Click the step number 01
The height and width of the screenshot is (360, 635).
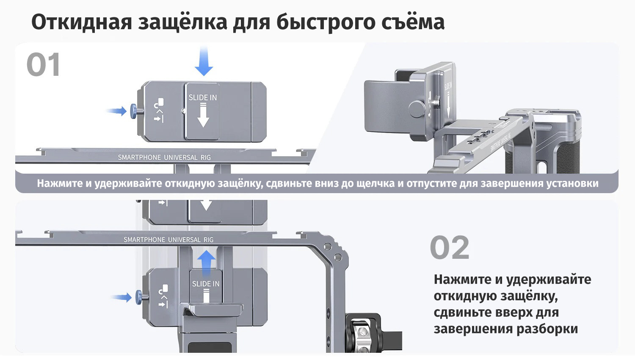tap(43, 65)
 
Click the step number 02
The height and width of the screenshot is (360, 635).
tap(450, 248)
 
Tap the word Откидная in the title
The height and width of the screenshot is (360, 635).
tap(82, 22)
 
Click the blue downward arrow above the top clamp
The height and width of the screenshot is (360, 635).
tap(204, 61)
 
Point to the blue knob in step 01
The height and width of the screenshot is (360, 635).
tap(134, 112)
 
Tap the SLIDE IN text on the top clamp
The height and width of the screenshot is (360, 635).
tap(202, 97)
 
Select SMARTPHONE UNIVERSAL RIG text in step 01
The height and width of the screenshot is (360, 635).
tap(164, 158)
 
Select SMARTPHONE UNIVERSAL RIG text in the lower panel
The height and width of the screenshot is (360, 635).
tap(168, 240)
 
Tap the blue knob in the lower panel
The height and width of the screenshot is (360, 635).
tap(139, 297)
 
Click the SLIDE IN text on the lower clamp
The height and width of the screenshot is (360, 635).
tap(206, 284)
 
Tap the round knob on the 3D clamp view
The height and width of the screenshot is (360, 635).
tap(417, 109)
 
